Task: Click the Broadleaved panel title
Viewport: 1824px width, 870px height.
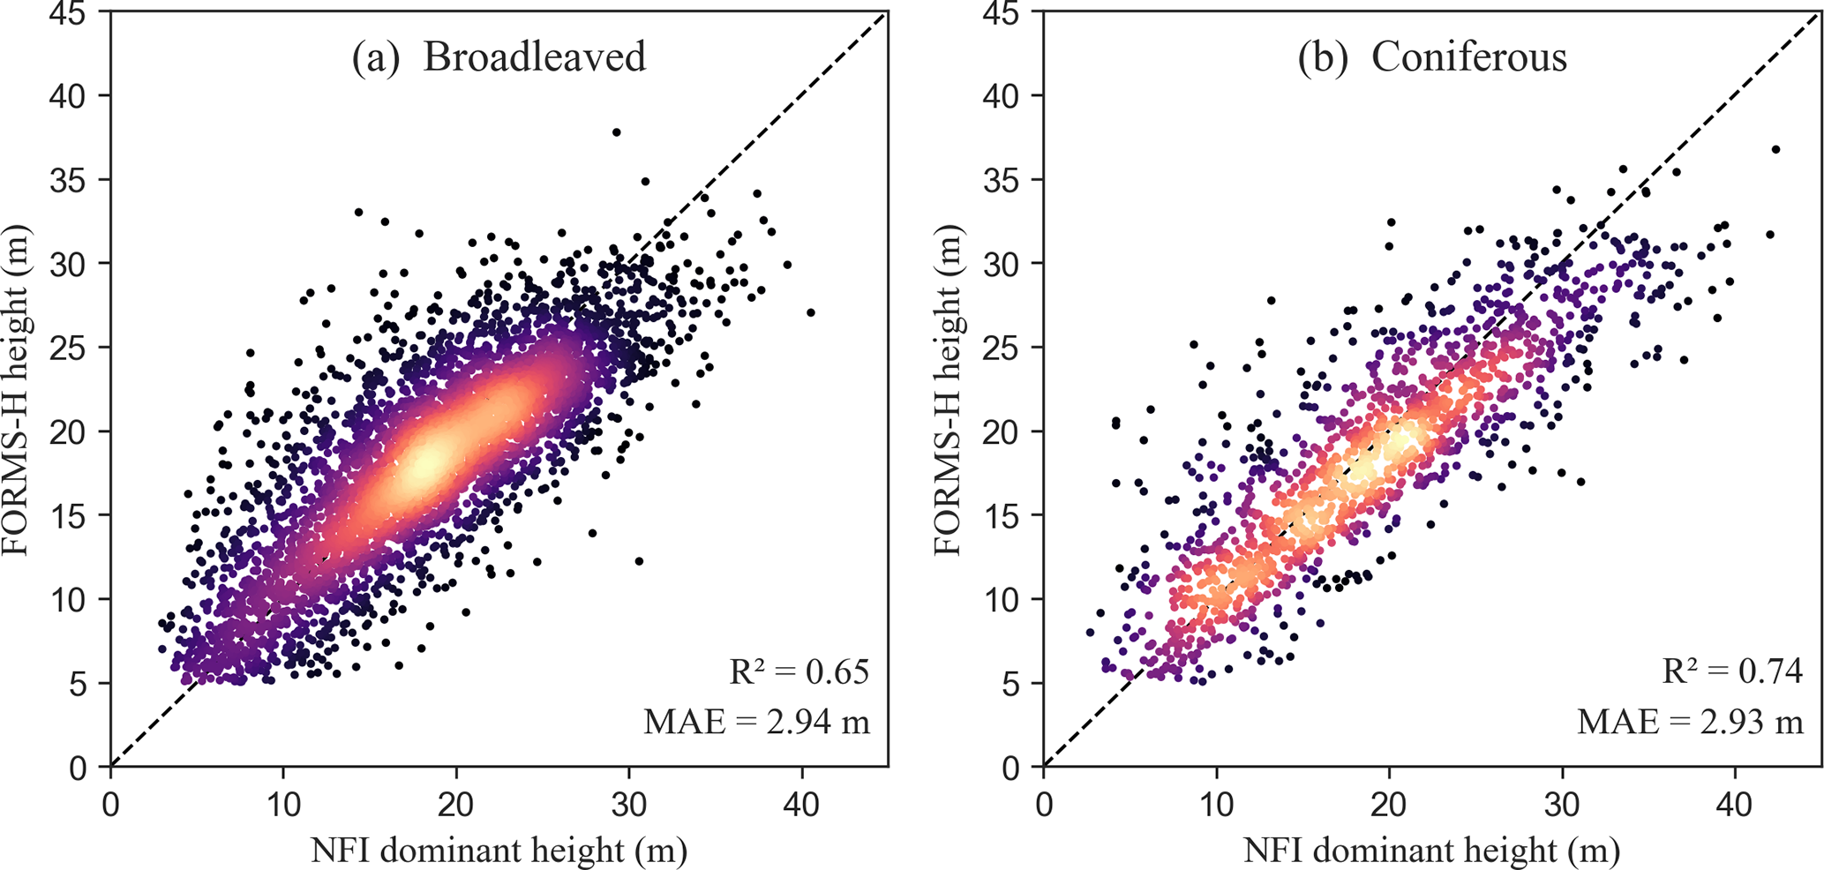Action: click(x=499, y=57)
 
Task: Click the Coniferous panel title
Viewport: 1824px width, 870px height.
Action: click(x=1431, y=57)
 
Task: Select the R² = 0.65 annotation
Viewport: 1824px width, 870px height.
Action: click(x=799, y=672)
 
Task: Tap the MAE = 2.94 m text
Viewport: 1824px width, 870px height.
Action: click(x=756, y=723)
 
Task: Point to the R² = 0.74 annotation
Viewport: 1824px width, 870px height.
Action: click(x=1732, y=672)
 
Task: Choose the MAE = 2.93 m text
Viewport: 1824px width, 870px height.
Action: click(x=1690, y=723)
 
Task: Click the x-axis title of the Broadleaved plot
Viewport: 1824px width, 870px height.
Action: click(x=499, y=851)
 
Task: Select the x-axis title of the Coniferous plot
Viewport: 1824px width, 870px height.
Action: click(x=1431, y=851)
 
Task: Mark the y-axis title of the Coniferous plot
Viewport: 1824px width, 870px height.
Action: click(x=948, y=390)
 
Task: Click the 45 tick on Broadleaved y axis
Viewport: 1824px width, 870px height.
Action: click(x=68, y=12)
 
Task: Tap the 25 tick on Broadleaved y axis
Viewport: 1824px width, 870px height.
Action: click(x=68, y=348)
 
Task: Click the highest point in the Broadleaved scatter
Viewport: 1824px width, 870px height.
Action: click(x=616, y=132)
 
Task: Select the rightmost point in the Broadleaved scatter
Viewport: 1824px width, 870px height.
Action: click(x=810, y=312)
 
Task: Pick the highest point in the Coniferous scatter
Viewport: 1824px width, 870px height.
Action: click(x=1775, y=150)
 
